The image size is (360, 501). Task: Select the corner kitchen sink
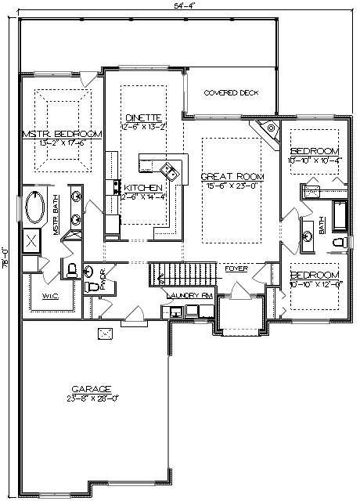(169, 170)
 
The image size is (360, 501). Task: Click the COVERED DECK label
(231, 92)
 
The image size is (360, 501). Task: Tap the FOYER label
(236, 269)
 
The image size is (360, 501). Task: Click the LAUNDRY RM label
(188, 295)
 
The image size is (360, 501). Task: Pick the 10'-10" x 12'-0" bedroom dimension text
(314, 284)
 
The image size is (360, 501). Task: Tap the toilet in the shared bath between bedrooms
(338, 244)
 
